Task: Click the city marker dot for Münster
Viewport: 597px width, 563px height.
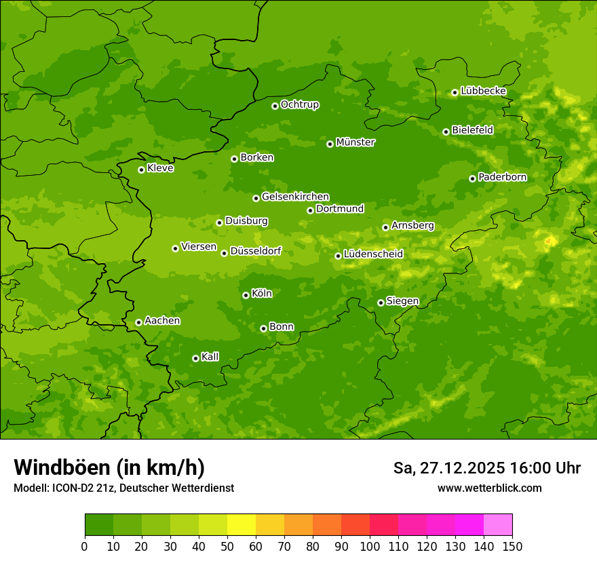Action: pos(330,144)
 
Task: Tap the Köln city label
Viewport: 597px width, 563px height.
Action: pos(262,294)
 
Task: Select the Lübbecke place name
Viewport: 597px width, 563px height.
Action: pos(483,91)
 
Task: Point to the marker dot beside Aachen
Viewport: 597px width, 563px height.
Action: pos(138,322)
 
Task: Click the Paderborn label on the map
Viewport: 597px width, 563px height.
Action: pos(502,177)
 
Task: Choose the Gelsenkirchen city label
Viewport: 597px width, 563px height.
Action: pos(295,197)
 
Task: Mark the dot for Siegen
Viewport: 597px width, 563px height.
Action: pos(381,303)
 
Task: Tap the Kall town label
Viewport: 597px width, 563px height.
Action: pos(210,357)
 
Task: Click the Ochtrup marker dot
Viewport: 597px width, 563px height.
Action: pos(275,106)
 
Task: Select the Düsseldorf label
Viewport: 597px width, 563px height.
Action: pos(256,251)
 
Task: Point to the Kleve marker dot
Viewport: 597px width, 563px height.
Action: pos(141,170)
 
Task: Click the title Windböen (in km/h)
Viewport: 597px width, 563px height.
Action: pos(109,467)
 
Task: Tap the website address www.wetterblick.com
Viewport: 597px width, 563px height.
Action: pos(489,488)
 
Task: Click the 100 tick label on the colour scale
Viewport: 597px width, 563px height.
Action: pos(370,546)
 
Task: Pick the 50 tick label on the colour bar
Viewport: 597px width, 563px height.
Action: pos(227,546)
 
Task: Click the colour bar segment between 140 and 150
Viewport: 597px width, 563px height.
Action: pos(498,524)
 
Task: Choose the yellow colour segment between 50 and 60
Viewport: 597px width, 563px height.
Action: pos(242,524)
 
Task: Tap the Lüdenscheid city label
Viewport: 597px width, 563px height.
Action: pos(373,254)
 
